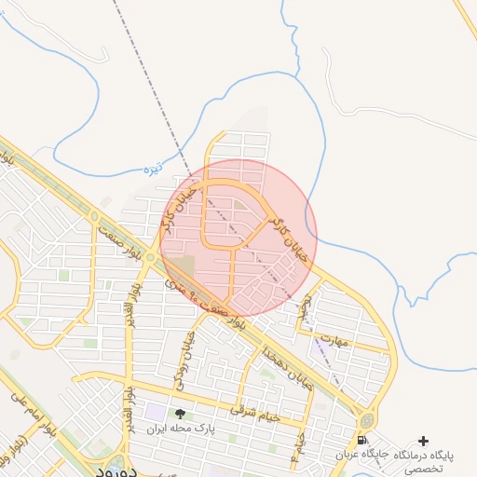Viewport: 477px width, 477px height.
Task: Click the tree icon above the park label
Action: [x=180, y=414]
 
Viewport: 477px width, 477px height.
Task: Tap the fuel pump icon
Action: [x=361, y=439]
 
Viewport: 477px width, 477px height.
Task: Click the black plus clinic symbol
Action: [x=424, y=440]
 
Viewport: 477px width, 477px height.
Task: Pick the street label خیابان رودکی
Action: [x=186, y=353]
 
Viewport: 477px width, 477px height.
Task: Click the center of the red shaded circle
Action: [x=238, y=238]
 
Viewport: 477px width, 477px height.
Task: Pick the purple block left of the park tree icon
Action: [x=154, y=411]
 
